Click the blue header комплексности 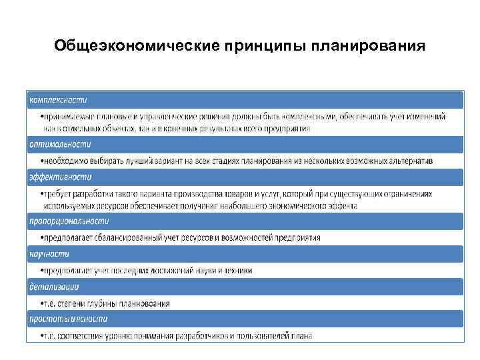pyautogui.click(x=58, y=100)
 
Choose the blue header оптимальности pyautogui.click(x=59, y=144)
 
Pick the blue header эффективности pyautogui.click(x=60, y=177)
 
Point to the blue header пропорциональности pyautogui.click(x=69, y=221)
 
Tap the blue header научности pyautogui.click(x=49, y=254)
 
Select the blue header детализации pyautogui.click(x=54, y=287)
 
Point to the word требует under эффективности pyautogui.click(x=59, y=194)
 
